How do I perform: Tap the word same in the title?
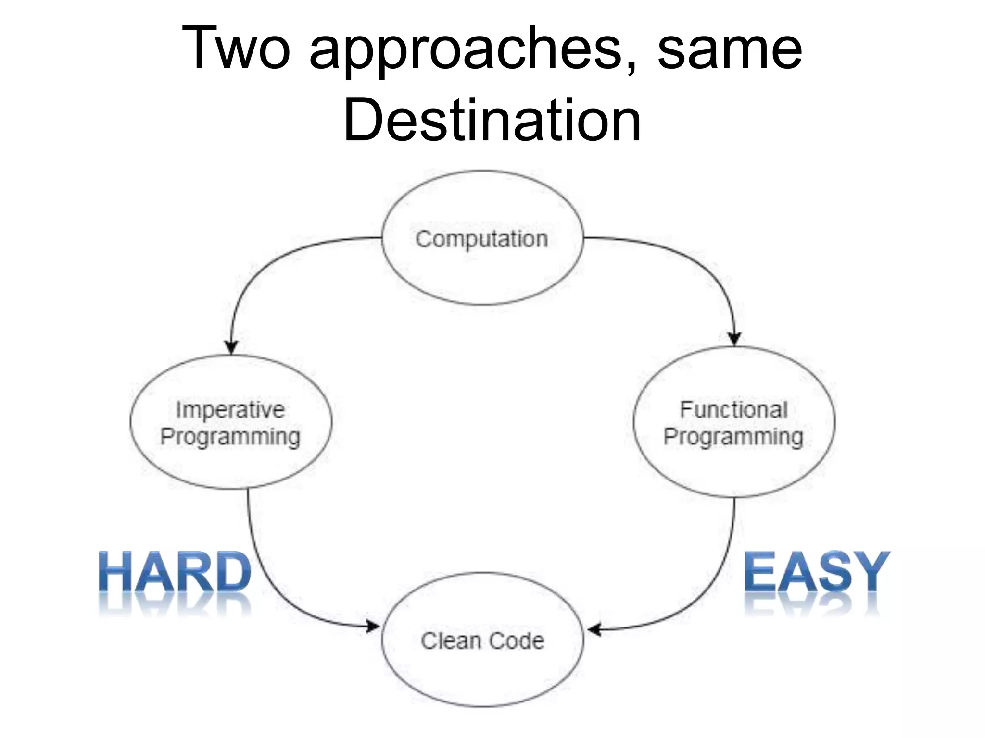(x=729, y=50)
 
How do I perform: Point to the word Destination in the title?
(x=492, y=120)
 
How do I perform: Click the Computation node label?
(x=482, y=239)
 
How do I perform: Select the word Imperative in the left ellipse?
(x=230, y=410)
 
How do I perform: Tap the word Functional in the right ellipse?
(x=734, y=410)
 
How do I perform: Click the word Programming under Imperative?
(x=230, y=437)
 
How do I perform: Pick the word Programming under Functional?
(x=733, y=437)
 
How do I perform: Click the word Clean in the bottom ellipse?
(x=451, y=641)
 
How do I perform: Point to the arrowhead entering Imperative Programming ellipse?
(x=232, y=347)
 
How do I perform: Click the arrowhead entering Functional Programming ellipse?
(x=734, y=338)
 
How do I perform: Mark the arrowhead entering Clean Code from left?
(x=373, y=626)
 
